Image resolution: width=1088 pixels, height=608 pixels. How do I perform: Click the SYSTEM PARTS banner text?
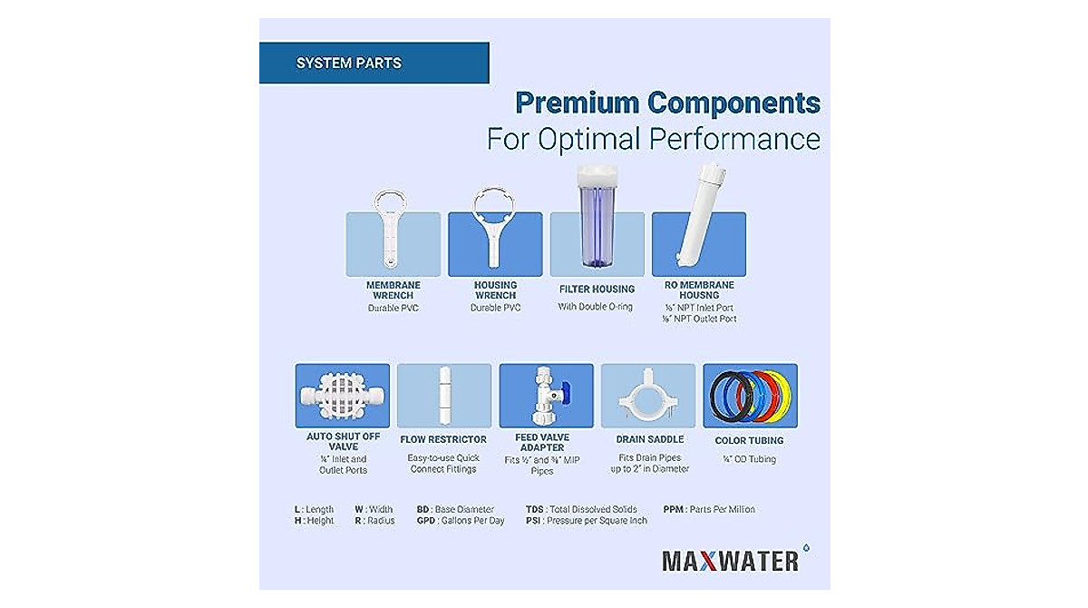348,64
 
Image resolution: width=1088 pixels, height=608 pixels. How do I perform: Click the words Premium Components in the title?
667,103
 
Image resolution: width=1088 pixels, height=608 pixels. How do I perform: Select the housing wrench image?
495,229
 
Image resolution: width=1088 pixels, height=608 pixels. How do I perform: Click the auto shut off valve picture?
342,396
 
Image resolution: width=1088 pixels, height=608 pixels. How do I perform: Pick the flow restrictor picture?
444,396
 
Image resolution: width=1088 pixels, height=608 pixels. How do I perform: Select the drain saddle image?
648,397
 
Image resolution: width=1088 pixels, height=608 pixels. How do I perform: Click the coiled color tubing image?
750,396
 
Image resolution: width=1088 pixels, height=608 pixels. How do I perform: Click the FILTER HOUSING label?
597,289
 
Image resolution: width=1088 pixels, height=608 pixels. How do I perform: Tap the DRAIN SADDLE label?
648,440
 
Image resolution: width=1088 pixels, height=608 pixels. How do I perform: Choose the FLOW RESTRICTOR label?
443,440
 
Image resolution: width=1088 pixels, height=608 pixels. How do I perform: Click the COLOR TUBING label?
750,441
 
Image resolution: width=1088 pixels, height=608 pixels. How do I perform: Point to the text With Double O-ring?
597,307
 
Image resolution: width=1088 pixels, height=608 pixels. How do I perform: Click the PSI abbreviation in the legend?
533,521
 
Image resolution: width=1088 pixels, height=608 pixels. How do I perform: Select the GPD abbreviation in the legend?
426,521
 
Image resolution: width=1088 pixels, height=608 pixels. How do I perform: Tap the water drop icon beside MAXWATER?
805,548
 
